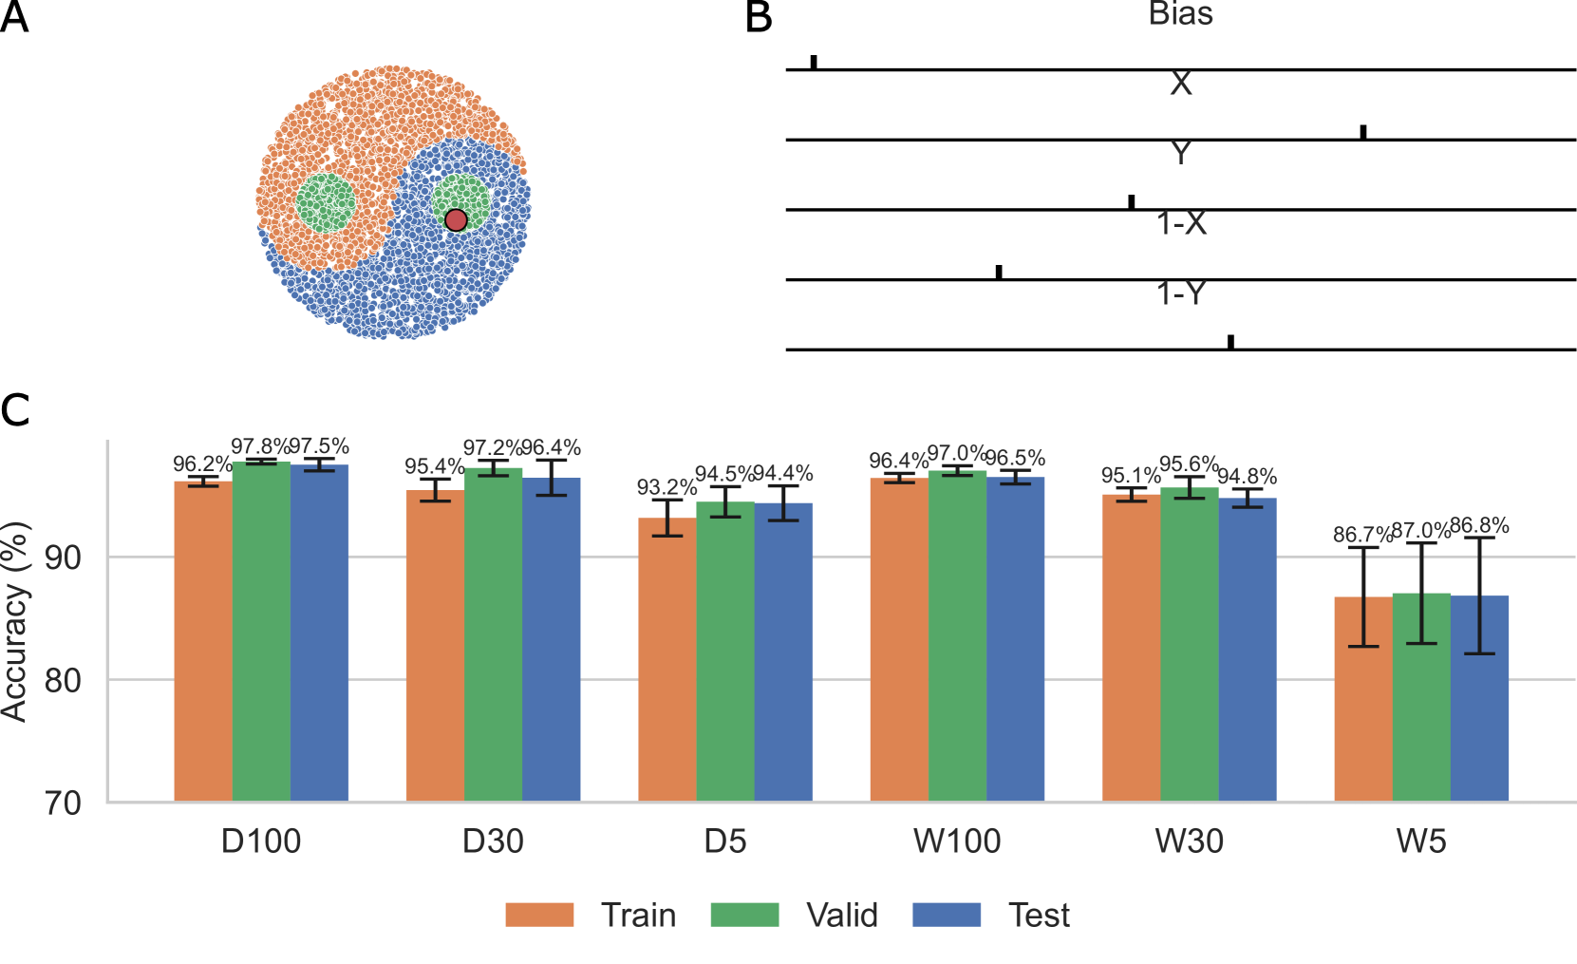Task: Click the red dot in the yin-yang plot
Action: pos(456,220)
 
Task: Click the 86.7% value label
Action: pos(1361,535)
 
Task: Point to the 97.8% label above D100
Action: pos(260,446)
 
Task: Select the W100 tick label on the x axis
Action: pos(957,841)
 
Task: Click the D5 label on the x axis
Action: pos(725,841)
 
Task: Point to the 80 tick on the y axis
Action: pos(63,680)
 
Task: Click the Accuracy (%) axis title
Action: pos(15,622)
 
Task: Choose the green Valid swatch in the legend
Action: pos(745,915)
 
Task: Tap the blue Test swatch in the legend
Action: pos(947,915)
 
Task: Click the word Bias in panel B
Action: pos(1180,14)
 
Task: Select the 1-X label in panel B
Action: pos(1181,223)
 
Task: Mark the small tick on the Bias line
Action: pos(814,62)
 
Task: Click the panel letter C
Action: pos(15,410)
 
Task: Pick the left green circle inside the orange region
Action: pos(326,202)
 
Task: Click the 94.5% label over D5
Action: pos(724,474)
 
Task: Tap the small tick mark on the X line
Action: pos(1363,132)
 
